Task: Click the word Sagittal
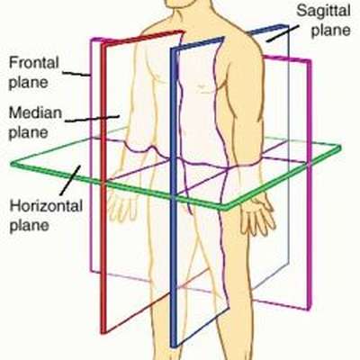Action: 323,12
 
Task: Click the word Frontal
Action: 34,63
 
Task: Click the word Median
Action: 35,112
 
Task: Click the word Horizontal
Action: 46,206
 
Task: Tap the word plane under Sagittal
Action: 330,31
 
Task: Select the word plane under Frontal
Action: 28,83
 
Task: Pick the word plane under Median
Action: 28,132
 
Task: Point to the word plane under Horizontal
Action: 29,225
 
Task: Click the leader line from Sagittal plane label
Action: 283,33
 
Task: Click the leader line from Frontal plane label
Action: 76,74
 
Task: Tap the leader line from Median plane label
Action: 93,119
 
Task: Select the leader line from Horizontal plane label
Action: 70,180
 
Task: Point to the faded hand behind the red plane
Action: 120,207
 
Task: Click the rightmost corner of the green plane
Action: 340,147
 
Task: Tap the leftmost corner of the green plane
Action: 12,164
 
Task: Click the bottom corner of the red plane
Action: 104,331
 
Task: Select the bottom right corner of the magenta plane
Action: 307,308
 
